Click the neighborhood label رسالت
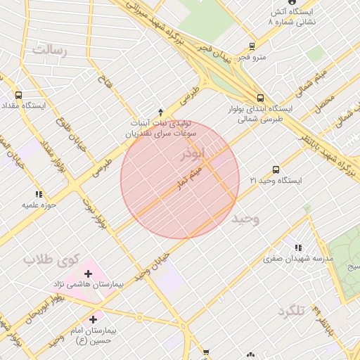49,50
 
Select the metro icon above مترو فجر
251,48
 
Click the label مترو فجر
251,58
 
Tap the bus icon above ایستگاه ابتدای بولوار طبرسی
260,98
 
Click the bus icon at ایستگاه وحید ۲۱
275,169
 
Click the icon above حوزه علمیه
38,194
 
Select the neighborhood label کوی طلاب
49,259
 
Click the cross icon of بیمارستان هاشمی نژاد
88,274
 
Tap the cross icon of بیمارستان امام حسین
94,319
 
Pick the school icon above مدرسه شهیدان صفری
299,247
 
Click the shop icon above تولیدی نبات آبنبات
161,112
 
